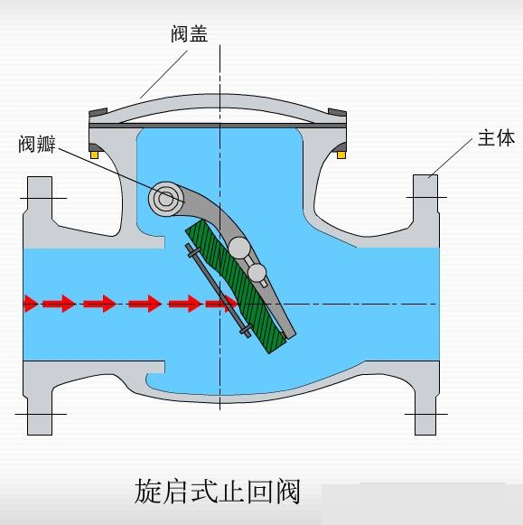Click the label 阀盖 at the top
click(x=190, y=33)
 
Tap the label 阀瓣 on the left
click(x=37, y=144)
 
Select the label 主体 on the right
click(x=496, y=137)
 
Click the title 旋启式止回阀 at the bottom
click(x=218, y=492)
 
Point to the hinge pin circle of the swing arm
click(x=165, y=199)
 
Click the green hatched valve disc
click(x=236, y=287)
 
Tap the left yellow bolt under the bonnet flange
click(x=94, y=155)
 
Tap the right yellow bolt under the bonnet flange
click(x=341, y=155)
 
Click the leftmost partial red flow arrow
click(x=31, y=304)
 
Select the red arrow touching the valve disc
click(x=221, y=304)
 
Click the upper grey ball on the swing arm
click(x=239, y=248)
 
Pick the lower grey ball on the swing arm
click(x=257, y=273)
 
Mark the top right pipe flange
click(x=425, y=197)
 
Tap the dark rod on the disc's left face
click(x=219, y=290)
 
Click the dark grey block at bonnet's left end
click(x=98, y=112)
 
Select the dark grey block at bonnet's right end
click(x=337, y=112)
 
